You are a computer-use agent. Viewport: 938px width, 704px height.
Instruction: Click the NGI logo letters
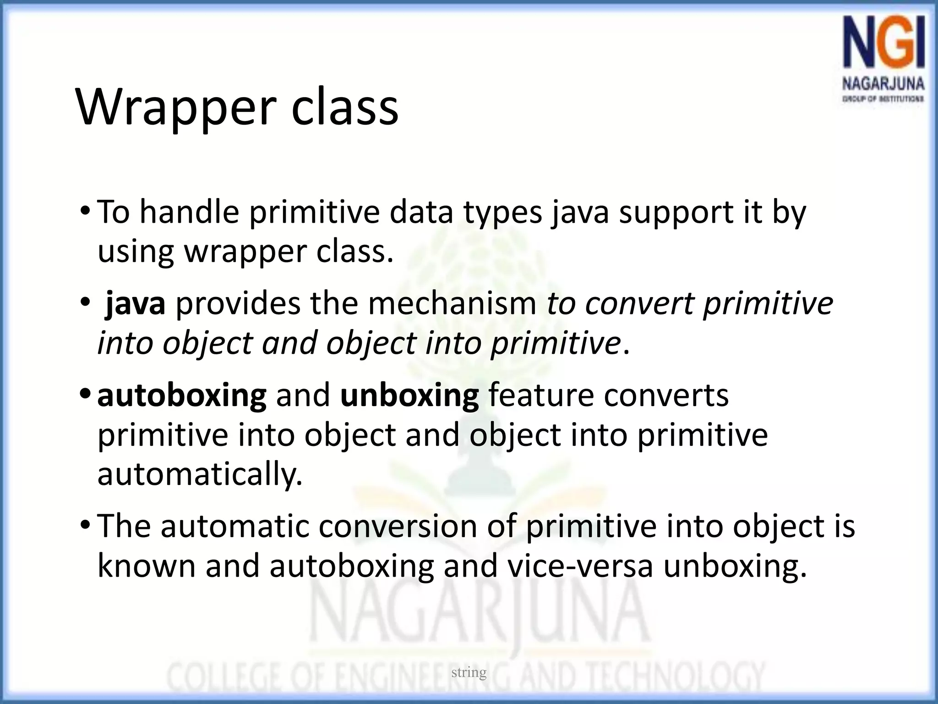883,49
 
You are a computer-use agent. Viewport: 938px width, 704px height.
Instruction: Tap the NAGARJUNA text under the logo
883,85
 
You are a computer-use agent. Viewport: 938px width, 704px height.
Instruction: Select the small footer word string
469,672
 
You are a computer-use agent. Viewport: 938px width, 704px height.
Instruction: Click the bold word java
135,304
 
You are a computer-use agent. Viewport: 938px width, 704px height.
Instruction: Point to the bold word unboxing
409,396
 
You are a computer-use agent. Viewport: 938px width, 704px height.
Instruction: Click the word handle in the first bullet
189,212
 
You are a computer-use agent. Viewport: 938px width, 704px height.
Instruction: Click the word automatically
200,475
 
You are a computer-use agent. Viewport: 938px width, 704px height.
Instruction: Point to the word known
146,566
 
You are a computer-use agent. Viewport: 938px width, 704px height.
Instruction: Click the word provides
238,304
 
